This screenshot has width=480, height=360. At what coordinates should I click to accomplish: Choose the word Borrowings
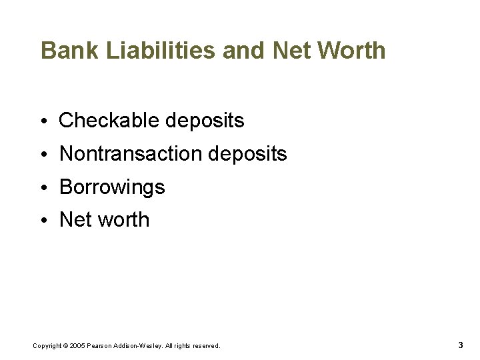pyautogui.click(x=112, y=187)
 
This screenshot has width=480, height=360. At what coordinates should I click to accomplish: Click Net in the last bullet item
pyautogui.click(x=74, y=220)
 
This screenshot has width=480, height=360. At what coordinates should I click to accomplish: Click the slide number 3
pyautogui.click(x=461, y=345)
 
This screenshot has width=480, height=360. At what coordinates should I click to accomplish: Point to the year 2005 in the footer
pyautogui.click(x=77, y=346)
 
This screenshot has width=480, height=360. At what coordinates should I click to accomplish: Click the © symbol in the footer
pyautogui.click(x=65, y=346)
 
